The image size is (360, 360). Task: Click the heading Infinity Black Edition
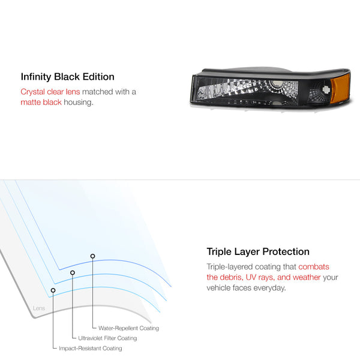67,77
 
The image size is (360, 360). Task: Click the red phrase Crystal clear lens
50,92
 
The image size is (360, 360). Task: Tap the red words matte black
41,102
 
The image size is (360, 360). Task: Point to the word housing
79,103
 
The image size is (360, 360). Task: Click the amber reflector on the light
340,88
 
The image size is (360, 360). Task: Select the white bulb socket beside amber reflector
326,89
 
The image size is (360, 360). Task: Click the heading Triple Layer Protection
258,251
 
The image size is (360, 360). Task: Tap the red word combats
314,267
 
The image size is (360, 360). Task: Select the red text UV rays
260,277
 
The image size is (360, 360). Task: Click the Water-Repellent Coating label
128,328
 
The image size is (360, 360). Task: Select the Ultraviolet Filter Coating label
107,338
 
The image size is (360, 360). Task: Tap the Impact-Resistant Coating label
91,348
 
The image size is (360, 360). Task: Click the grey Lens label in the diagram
39,308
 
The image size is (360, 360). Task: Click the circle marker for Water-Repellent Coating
92,256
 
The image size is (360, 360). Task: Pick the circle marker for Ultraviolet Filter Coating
73,272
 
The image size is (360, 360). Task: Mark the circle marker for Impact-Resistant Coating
53,290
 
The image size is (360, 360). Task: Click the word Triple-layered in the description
230,267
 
